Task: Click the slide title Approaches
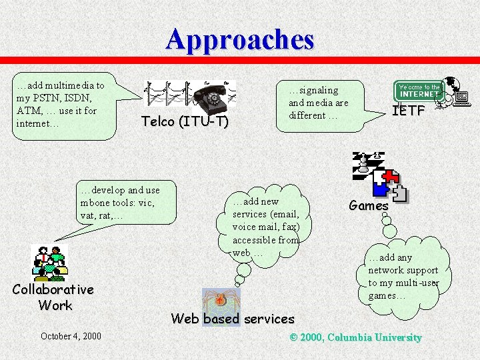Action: coord(240,39)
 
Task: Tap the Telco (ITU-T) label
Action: coord(185,122)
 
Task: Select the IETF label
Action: coord(408,111)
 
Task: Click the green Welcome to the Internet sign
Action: coord(419,91)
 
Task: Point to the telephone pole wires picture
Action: coord(167,94)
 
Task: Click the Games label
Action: coord(369,206)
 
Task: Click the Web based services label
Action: coord(232,319)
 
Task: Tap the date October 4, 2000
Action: coord(71,336)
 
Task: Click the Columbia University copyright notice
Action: coord(355,337)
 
